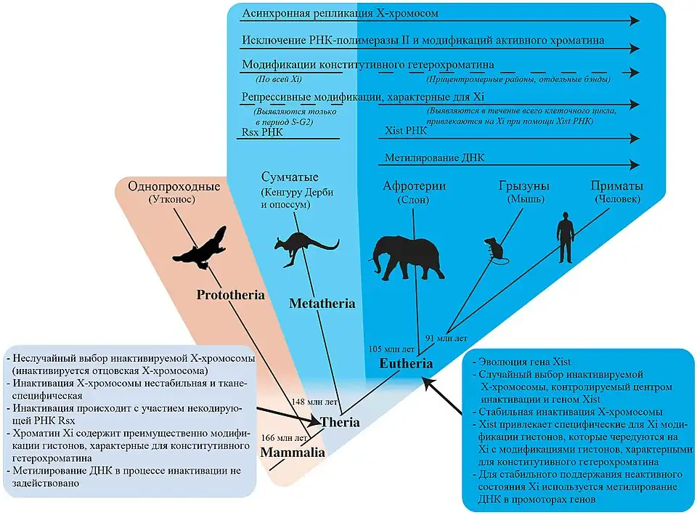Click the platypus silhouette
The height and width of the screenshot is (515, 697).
(200, 248)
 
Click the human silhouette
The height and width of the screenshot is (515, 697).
(564, 238)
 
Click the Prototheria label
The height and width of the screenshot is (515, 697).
(229, 296)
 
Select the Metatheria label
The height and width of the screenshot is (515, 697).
(322, 303)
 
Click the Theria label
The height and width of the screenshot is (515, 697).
(339, 421)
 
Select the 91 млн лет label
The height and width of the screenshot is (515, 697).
(446, 338)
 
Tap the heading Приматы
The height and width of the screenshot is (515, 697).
(617, 187)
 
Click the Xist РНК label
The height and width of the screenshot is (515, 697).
(404, 131)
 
